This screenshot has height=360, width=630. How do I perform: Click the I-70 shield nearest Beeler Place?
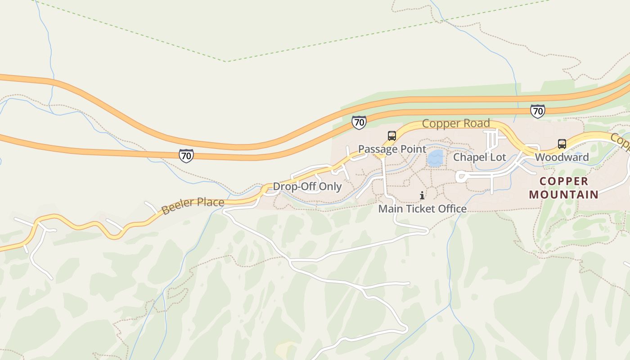click(186, 156)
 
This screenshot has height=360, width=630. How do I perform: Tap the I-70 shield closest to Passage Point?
click(359, 122)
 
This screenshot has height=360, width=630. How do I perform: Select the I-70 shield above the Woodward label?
click(537, 111)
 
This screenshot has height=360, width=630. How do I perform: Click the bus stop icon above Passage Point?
click(391, 135)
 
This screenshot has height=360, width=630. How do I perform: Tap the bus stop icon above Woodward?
click(562, 144)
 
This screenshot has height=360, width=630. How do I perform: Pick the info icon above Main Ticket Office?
click(422, 195)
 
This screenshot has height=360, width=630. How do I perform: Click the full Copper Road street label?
click(455, 123)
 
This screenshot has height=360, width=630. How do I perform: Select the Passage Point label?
click(392, 149)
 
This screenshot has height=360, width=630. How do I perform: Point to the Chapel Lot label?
click(479, 157)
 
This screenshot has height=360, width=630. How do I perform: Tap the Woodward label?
click(562, 157)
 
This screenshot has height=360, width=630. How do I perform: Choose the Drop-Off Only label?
click(307, 186)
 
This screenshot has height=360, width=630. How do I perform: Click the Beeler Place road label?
click(193, 206)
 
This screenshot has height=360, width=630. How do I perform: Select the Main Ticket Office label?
click(422, 209)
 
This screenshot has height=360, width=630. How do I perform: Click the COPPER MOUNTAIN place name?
click(563, 188)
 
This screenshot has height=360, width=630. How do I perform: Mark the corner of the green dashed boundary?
click(227, 62)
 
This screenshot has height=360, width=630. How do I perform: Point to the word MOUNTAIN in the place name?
click(563, 195)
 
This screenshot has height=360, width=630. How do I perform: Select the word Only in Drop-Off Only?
click(332, 186)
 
